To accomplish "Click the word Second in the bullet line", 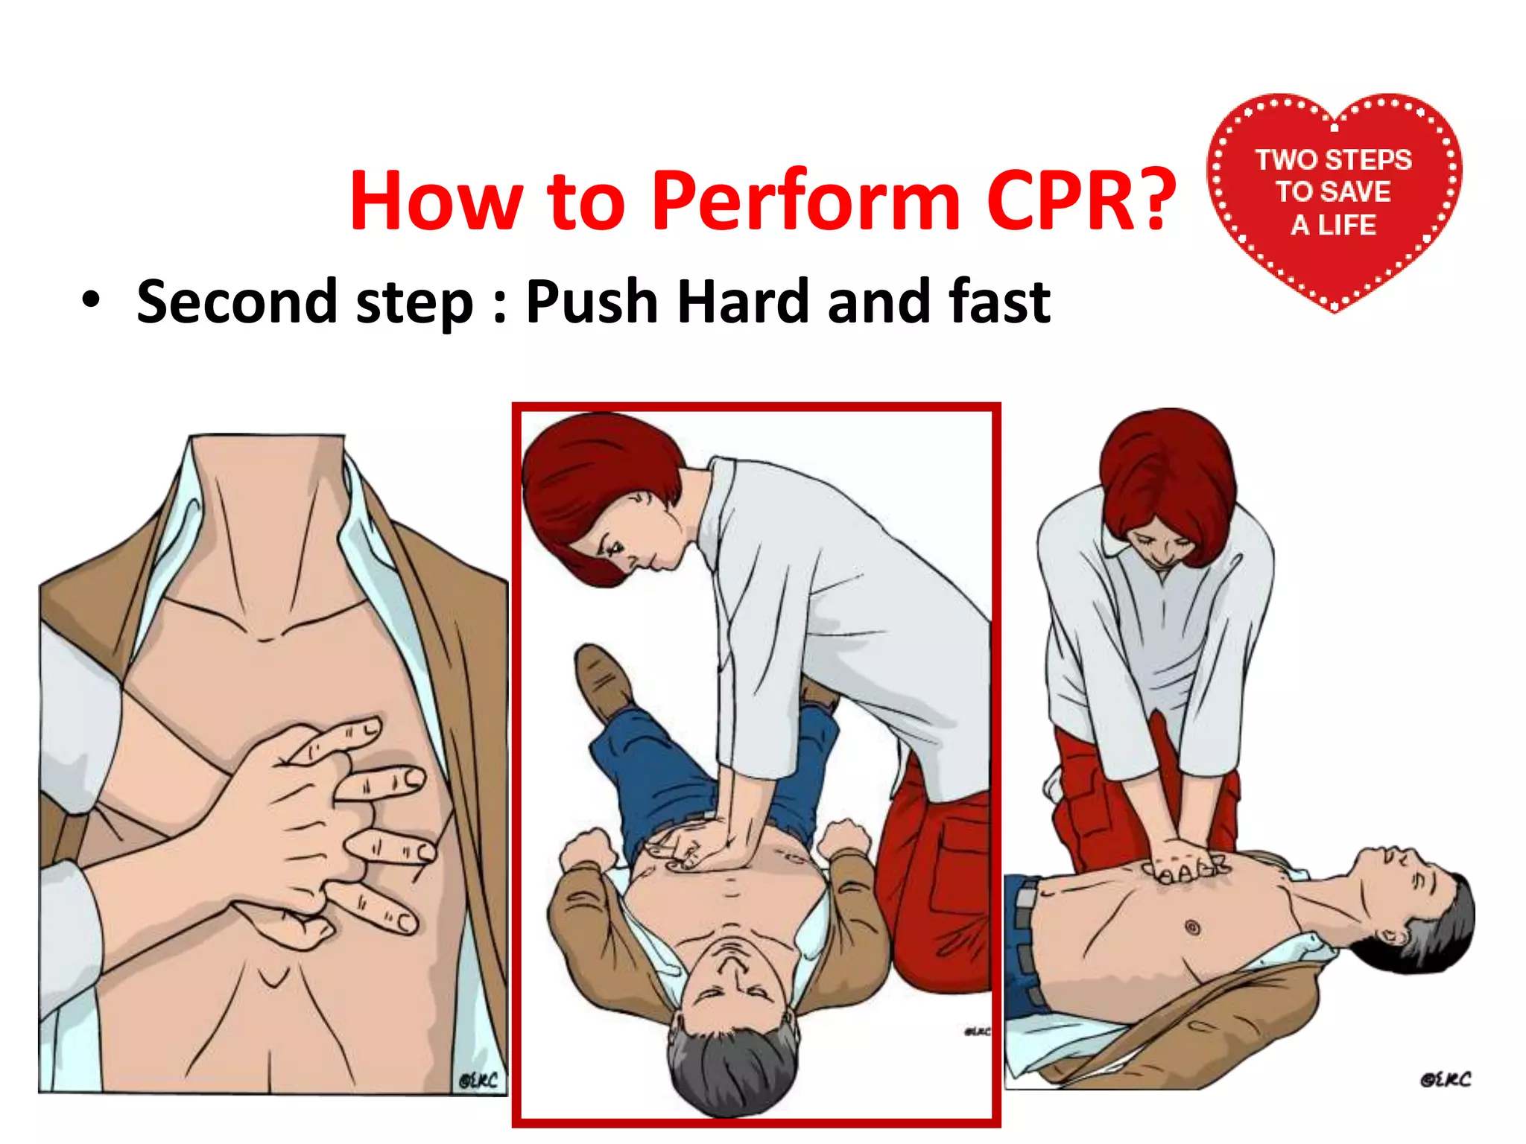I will pyautogui.click(x=236, y=302).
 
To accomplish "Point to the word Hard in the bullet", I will pyautogui.click(x=743, y=302).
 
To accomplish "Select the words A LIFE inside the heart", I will pyautogui.click(x=1333, y=225).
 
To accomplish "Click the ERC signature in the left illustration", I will pyautogui.click(x=478, y=1080).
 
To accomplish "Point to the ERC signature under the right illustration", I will pyautogui.click(x=1445, y=1079).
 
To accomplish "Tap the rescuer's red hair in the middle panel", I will pyautogui.click(x=596, y=484).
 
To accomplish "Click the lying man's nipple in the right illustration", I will pyautogui.click(x=1191, y=928).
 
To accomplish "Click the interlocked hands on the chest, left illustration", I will pyautogui.click(x=328, y=827).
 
